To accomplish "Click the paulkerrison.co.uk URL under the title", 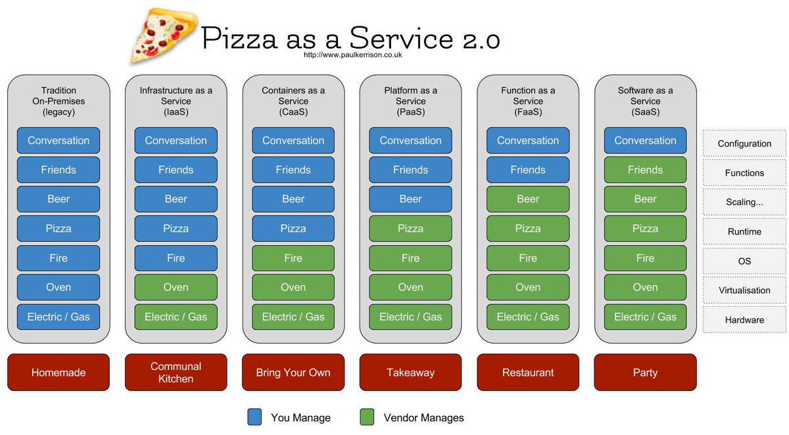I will [352, 55].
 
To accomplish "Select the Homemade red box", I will [59, 373].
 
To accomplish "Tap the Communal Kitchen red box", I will [176, 373].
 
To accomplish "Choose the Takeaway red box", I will [410, 373].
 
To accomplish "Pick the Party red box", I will [645, 373].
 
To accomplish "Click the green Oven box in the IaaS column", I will [176, 287].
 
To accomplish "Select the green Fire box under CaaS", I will [293, 258].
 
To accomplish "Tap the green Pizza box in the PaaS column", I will [410, 229].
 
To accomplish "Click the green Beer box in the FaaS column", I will [528, 199].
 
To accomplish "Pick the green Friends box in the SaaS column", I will [645, 170].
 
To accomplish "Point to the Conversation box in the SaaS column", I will [645, 141].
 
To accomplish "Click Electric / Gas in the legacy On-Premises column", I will [59, 317].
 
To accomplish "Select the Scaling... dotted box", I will [744, 202].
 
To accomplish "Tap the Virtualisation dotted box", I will [744, 290].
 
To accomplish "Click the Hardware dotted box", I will [744, 320].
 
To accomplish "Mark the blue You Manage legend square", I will [254, 417].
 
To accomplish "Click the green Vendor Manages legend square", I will [368, 417].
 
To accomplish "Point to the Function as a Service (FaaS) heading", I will [528, 101].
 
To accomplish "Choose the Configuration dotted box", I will [744, 144].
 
